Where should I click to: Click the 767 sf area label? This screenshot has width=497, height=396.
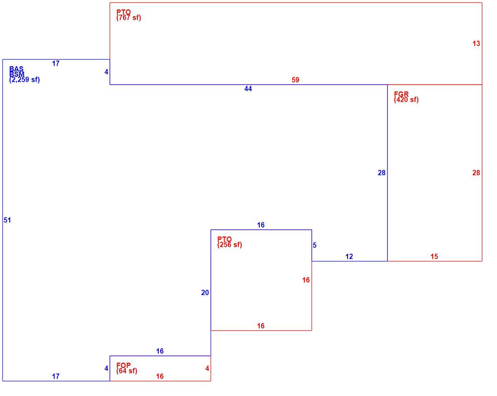[129, 18]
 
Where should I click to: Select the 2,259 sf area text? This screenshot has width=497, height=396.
[25, 80]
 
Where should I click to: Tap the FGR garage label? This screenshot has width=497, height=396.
[401, 94]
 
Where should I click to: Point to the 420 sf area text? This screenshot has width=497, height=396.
[406, 100]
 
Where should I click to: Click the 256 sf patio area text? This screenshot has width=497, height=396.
[230, 245]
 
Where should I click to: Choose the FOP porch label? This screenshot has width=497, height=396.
[124, 365]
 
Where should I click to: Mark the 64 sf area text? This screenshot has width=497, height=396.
[127, 371]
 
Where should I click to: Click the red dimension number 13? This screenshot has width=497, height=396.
[476, 43]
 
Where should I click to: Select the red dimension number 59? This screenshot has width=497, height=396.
[295, 80]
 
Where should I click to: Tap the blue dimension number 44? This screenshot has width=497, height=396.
[248, 89]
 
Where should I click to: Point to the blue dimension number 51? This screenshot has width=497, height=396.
[7, 220]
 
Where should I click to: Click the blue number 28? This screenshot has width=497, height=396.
[382, 173]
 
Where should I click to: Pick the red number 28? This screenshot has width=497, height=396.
[476, 173]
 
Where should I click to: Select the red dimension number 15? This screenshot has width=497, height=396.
[434, 257]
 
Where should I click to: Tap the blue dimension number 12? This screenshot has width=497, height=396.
[349, 257]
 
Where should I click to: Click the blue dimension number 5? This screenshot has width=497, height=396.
[314, 245]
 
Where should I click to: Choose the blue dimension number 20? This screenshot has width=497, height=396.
[205, 293]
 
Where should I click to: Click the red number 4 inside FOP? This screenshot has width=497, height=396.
[207, 368]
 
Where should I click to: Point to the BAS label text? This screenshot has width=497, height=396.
[16, 69]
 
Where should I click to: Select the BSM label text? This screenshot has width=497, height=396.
[17, 74]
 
